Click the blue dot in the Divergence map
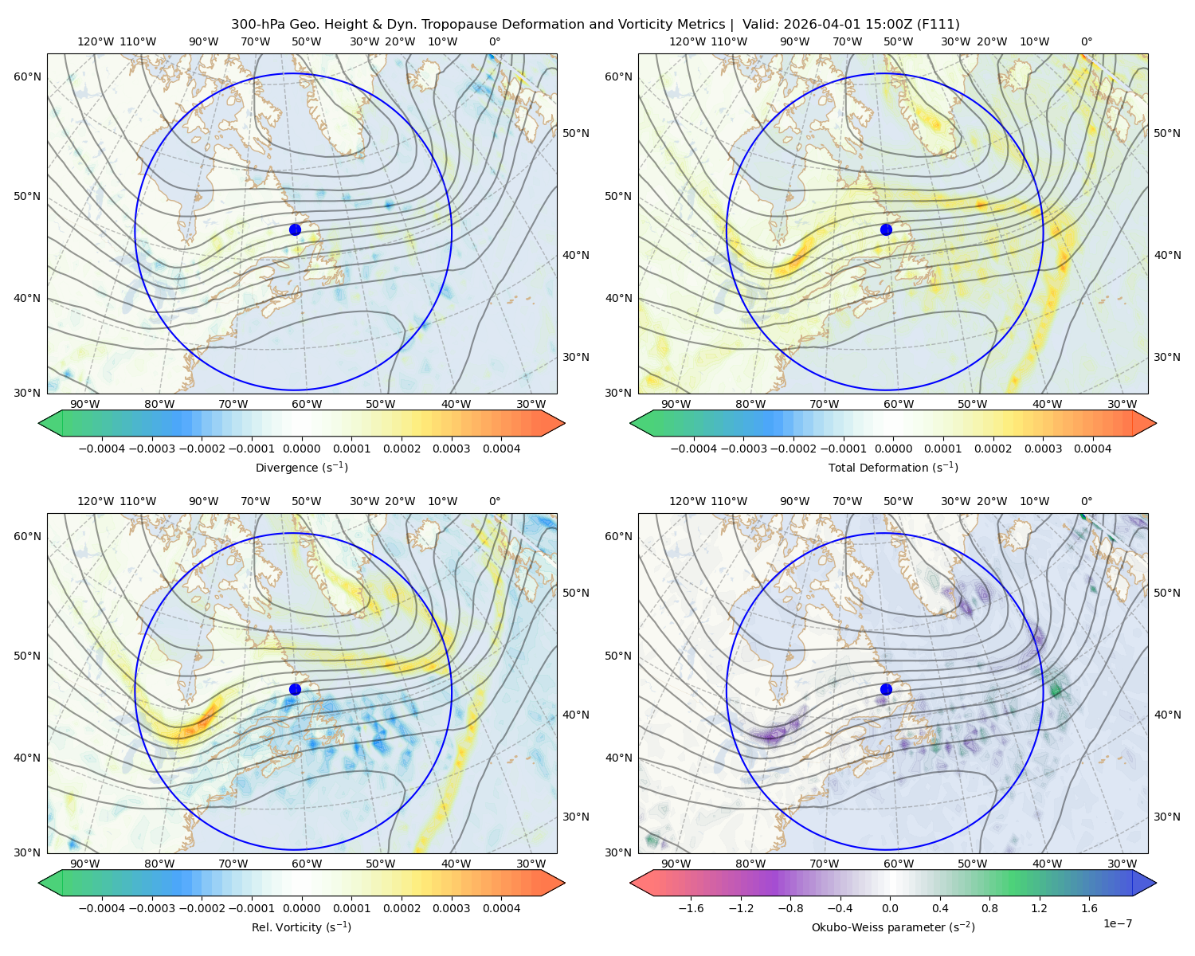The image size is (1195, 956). click(x=295, y=229)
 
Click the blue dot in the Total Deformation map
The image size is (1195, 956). click(x=886, y=229)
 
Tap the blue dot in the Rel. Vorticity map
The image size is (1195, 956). click(x=295, y=689)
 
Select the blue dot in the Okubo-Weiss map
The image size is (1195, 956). click(x=886, y=689)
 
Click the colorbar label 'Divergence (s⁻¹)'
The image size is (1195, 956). click(x=301, y=467)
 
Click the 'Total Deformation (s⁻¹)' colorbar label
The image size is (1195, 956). click(x=893, y=467)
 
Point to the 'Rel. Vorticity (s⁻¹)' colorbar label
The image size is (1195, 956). click(x=301, y=927)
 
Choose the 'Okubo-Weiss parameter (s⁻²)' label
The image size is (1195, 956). click(x=893, y=927)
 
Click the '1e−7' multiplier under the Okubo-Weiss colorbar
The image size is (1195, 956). click(x=1117, y=923)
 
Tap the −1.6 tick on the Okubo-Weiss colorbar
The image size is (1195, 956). click(x=692, y=907)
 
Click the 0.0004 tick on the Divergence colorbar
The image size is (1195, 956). click(x=501, y=449)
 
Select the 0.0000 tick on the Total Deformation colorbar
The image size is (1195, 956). click(x=893, y=449)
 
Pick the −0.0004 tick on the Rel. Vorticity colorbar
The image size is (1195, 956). click(x=102, y=907)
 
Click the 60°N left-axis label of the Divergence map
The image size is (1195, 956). click(x=27, y=76)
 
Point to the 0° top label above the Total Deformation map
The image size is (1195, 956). click(x=1086, y=41)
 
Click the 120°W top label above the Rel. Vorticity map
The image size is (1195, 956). click(x=96, y=500)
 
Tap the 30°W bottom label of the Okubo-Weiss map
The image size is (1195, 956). click(x=1122, y=864)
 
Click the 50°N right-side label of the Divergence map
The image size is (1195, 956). click(x=576, y=133)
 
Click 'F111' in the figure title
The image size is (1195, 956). click(x=937, y=25)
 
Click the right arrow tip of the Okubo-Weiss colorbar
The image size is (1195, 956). click(x=1156, y=883)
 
